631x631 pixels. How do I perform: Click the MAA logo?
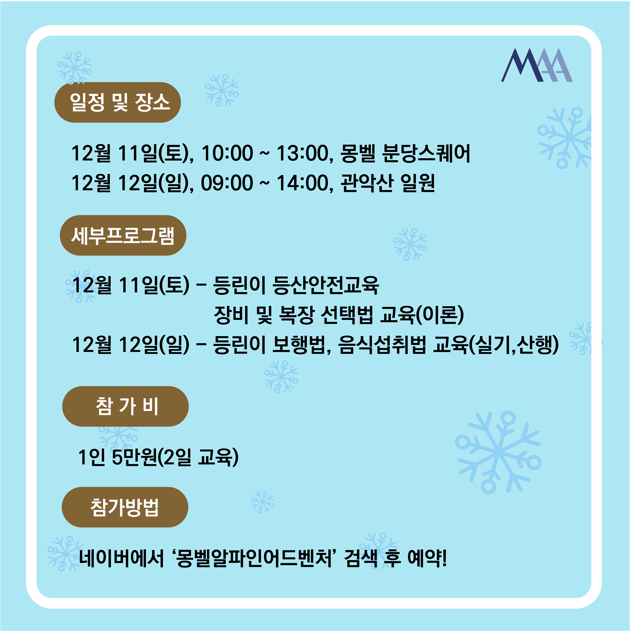[537, 65]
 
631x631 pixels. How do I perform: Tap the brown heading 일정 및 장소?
[118, 102]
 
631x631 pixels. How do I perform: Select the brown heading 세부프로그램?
[123, 235]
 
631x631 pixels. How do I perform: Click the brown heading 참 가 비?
[125, 406]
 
